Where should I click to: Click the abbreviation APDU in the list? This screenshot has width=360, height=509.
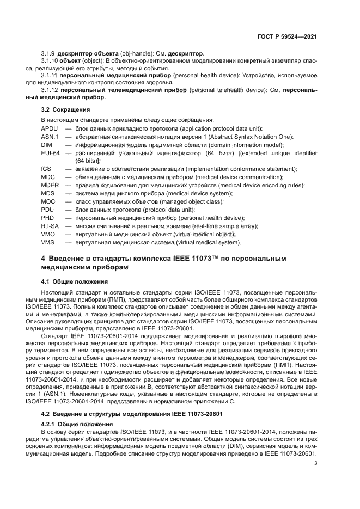[50, 128]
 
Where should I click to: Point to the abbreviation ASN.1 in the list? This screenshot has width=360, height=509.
[50, 137]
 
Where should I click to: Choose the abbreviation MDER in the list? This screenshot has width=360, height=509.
[50, 185]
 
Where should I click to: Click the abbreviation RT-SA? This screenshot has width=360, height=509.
[50, 226]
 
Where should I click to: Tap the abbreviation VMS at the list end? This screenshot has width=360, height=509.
[48, 242]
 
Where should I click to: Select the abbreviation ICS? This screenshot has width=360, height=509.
[46, 169]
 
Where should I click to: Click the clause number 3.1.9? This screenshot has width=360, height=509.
[48, 54]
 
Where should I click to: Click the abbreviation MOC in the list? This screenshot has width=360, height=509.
[48, 201]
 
